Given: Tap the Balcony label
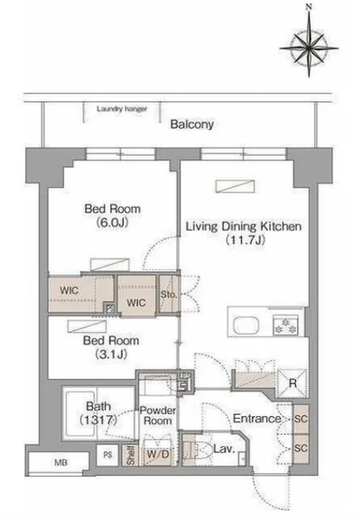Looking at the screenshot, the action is (192, 124).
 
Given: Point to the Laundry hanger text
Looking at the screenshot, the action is (122, 108).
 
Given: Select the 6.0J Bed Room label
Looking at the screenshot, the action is (112, 216).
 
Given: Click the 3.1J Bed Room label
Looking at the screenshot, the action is (111, 347).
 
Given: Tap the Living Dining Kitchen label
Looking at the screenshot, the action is (243, 233).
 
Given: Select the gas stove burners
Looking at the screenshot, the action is (286, 324).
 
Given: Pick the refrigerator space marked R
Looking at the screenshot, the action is (292, 383).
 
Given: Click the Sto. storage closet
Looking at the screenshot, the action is (169, 294).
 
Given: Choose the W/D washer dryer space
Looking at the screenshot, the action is (157, 454).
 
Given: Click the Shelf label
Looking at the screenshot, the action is (131, 455).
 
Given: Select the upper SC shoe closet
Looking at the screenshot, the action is (301, 419).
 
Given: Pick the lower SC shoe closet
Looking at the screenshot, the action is (301, 449).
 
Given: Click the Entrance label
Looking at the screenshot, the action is (257, 419).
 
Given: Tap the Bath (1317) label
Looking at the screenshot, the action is (98, 413).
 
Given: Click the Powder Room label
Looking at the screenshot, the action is (157, 415).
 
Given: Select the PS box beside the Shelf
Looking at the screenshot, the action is (107, 455).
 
